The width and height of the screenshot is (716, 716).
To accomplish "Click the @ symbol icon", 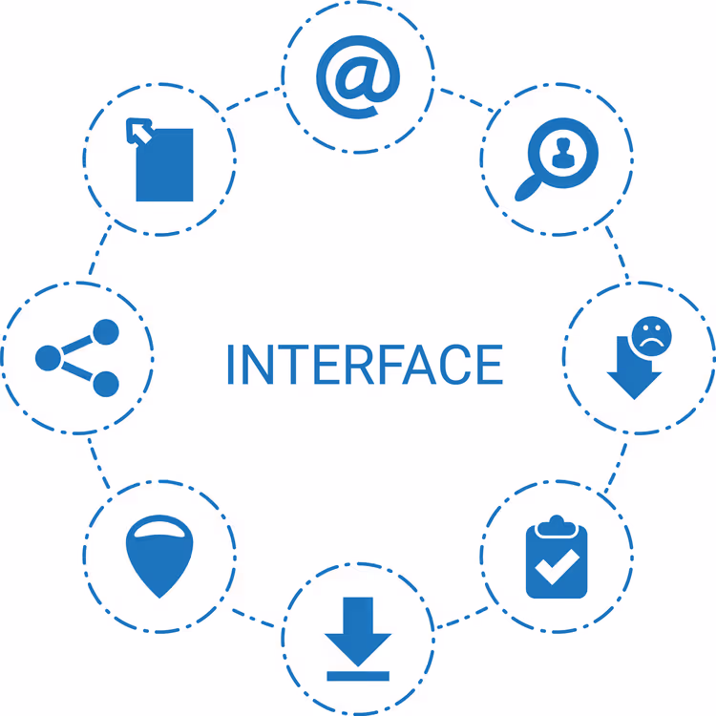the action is click(x=358, y=76).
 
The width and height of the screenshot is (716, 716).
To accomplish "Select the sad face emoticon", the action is click(x=652, y=337).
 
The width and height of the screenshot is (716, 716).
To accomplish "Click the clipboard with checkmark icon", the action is click(x=557, y=557).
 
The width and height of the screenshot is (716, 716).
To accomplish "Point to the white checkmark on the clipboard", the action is click(x=557, y=567).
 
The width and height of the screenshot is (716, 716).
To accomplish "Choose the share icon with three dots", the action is click(x=77, y=358).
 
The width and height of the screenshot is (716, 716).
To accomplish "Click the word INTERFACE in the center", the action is click(x=365, y=365).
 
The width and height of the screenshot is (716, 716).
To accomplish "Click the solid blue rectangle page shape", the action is click(x=164, y=165).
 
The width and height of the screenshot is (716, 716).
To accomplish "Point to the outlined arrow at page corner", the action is click(x=138, y=131).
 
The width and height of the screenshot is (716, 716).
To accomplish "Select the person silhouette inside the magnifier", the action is click(x=563, y=153).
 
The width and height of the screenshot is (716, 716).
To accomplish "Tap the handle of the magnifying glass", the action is click(x=528, y=188).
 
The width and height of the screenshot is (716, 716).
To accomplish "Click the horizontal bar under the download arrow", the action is click(x=358, y=676).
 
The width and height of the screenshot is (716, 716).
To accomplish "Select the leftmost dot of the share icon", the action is click(x=48, y=358).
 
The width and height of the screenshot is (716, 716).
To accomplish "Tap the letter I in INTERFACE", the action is click(x=231, y=365).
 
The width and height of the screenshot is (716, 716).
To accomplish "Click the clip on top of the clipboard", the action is click(x=557, y=526).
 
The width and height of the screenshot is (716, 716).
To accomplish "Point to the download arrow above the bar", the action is click(x=358, y=632).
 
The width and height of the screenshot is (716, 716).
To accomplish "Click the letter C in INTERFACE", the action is click(x=453, y=365).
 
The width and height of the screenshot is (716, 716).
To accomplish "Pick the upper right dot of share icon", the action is click(x=106, y=332).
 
